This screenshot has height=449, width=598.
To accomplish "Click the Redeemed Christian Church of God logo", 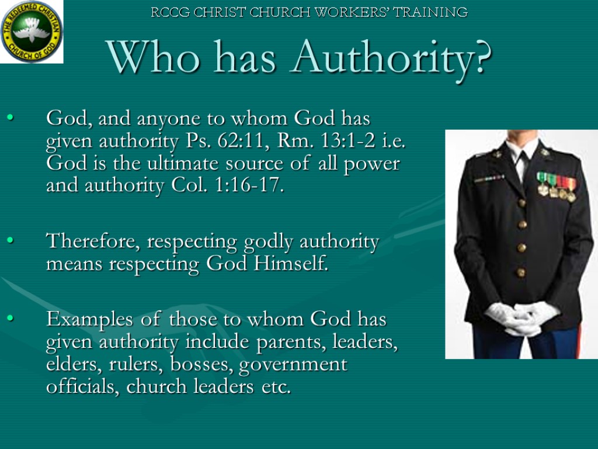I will coord(32,32).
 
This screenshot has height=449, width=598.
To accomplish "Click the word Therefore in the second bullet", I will coord(93,241).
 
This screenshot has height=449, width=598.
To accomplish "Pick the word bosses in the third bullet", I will coord(201,364).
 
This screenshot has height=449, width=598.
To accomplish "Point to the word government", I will coord(293,365).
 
